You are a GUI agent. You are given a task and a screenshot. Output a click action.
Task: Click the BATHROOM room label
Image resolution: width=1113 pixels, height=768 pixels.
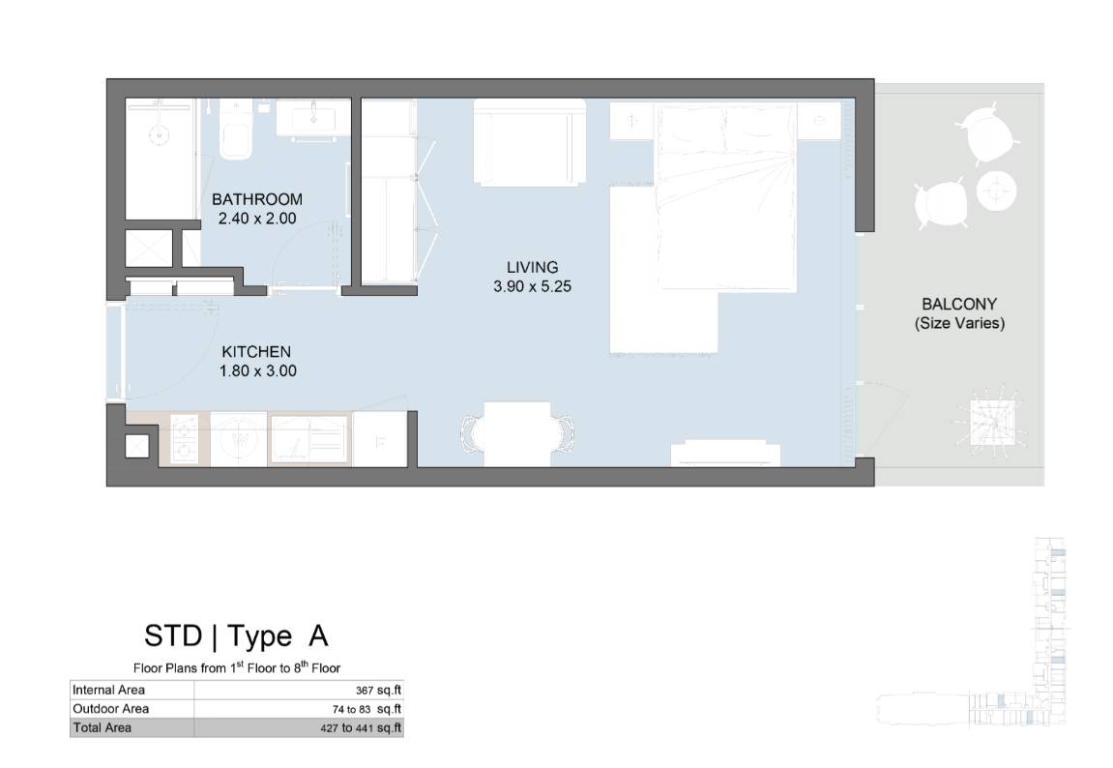(257, 199)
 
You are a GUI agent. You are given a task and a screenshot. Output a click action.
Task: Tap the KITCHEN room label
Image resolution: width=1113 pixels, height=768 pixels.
(256, 352)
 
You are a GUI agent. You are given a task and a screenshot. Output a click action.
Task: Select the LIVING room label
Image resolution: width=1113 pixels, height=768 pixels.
(533, 268)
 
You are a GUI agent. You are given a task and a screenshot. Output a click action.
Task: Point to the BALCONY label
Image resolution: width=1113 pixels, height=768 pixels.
(959, 304)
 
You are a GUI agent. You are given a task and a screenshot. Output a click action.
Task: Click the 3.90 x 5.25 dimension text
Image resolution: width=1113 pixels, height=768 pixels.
(533, 286)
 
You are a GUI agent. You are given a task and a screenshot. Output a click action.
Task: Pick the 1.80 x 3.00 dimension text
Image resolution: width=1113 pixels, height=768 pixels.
(257, 370)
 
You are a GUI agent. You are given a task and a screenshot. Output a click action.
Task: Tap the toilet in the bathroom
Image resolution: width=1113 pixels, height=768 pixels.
(235, 130)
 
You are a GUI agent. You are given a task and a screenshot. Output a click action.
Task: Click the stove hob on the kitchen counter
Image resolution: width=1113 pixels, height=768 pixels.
(184, 439)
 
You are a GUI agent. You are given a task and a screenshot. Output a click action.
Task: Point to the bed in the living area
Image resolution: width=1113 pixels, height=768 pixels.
(724, 197)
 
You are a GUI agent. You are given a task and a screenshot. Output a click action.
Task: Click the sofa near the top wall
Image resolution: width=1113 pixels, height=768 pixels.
(530, 142)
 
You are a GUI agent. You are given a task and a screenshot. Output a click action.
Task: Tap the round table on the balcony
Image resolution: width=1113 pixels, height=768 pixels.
(997, 191)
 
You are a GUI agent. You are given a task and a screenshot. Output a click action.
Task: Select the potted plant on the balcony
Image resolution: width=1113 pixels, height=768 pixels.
(994, 421)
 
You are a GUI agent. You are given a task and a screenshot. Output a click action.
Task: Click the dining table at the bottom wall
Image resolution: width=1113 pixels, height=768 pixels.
(517, 433)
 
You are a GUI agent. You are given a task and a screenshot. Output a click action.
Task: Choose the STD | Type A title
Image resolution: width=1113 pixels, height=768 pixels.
(236, 636)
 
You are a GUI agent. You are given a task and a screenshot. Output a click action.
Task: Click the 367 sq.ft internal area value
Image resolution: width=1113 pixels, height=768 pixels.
(378, 690)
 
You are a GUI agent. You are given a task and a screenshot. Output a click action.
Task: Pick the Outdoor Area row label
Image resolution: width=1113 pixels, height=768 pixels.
(111, 708)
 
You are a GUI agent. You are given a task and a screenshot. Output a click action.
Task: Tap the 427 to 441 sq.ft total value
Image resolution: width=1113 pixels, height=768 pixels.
(361, 727)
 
